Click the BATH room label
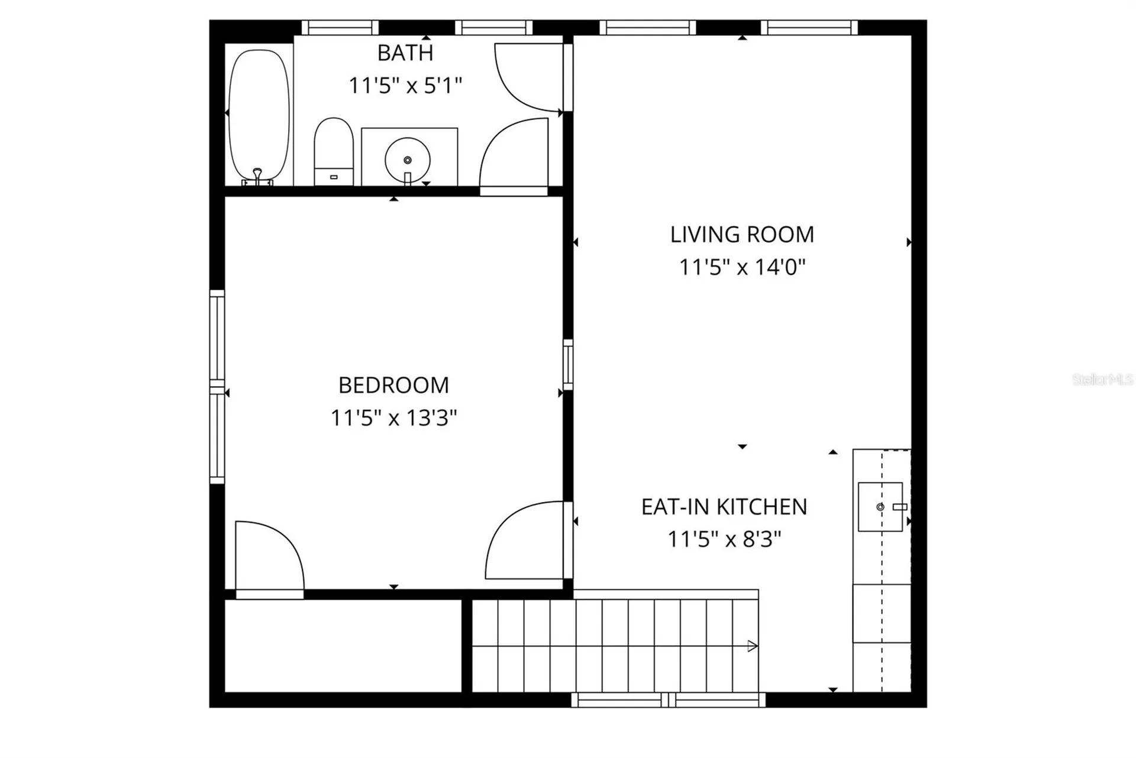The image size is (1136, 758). [x=405, y=53]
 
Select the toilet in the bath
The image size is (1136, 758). [x=334, y=151]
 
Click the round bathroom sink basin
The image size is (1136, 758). [x=408, y=160]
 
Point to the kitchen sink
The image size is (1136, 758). [x=880, y=507]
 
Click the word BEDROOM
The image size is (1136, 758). [x=393, y=386]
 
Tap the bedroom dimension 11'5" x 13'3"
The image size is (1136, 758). [x=393, y=418]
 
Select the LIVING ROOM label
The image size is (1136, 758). [x=742, y=235]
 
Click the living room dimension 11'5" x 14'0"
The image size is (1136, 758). [x=742, y=267]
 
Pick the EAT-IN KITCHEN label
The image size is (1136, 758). [x=724, y=507]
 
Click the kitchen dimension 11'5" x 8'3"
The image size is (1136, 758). [x=724, y=539]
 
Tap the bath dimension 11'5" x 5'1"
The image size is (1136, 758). [x=405, y=86]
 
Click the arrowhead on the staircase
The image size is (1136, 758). [x=753, y=646]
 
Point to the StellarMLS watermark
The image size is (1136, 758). [x=1102, y=380]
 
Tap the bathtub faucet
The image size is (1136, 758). [x=257, y=176]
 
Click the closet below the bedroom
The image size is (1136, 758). [x=343, y=646]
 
